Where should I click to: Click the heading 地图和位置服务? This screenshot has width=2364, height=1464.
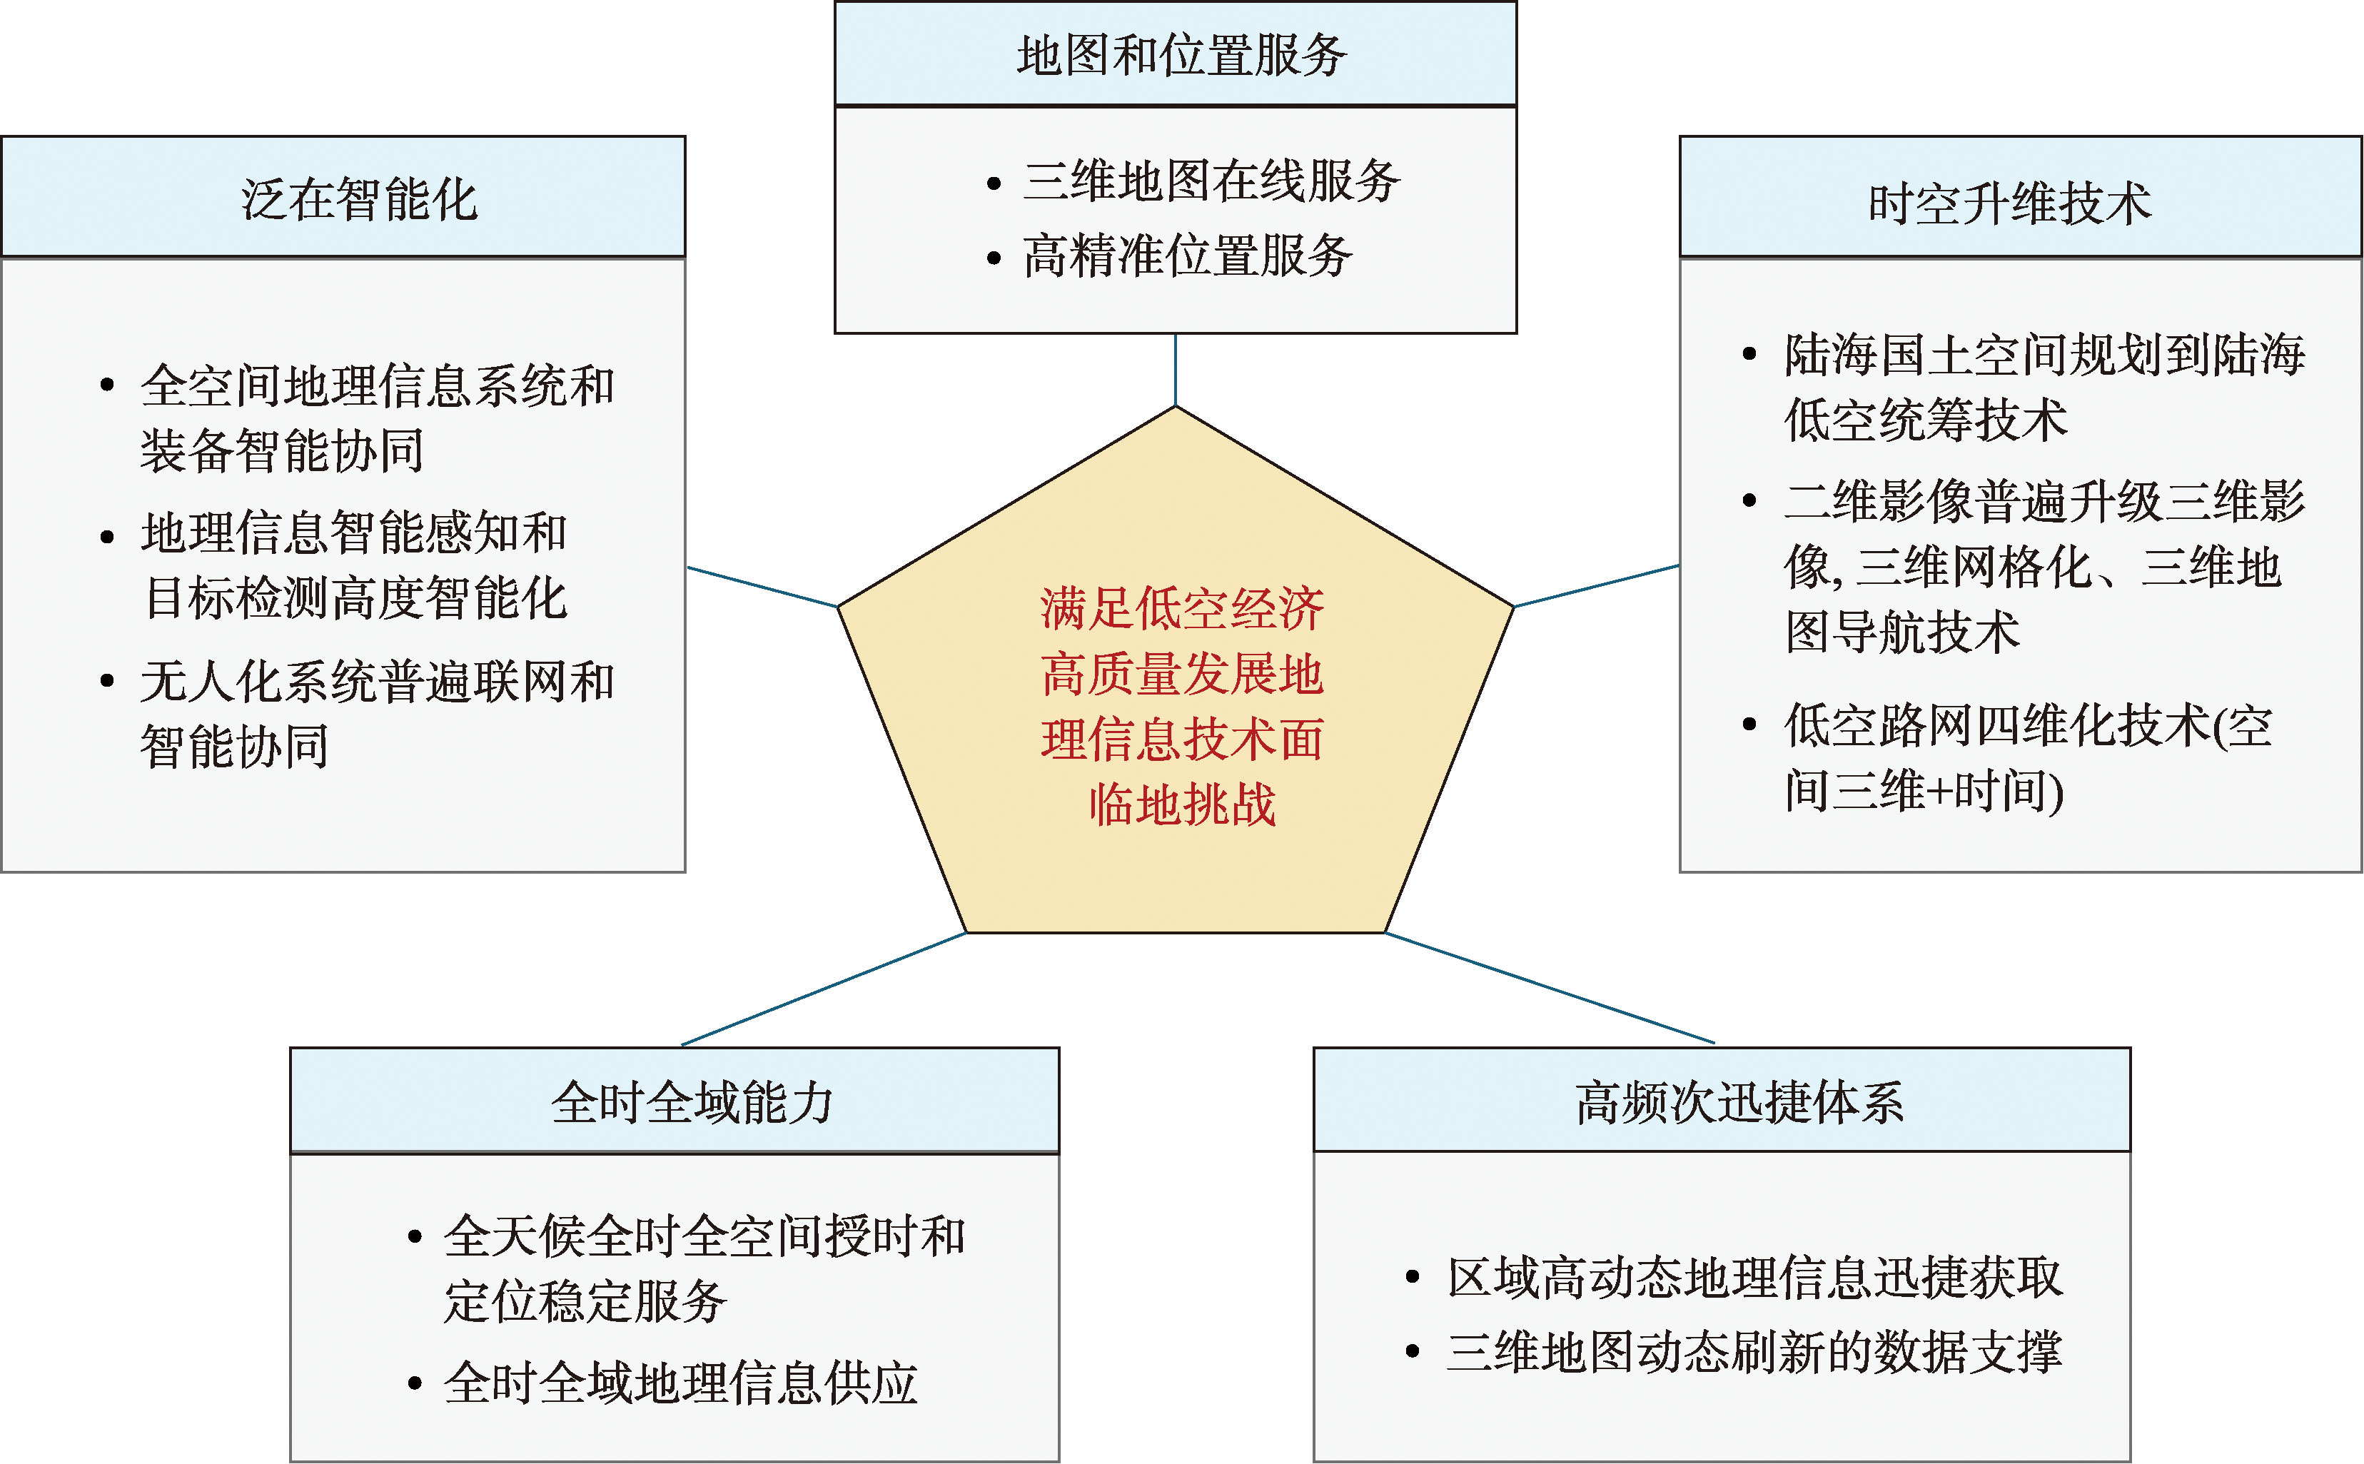coord(1181,55)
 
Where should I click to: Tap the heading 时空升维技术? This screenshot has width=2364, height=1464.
coord(2010,203)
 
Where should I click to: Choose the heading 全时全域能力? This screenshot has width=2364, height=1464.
coord(692,1103)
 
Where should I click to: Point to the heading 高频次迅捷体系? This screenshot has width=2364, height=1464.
coord(1739,1103)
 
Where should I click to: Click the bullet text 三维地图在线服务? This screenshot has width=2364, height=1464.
coord(1211,181)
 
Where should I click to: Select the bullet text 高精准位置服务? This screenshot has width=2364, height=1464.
coord(1188,256)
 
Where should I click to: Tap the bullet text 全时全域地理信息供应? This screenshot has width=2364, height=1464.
coord(680,1383)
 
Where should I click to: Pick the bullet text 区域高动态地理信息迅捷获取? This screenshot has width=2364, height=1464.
coord(1755,1278)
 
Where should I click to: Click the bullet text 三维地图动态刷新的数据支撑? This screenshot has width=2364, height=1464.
coord(1755,1352)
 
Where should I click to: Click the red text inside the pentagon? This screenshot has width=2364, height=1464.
coord(1182,706)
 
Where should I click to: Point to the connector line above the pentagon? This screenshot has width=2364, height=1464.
coord(1176,370)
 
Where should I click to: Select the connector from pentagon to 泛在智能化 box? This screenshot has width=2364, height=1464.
coord(762,587)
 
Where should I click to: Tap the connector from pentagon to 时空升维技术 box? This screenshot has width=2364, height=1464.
coord(1595,586)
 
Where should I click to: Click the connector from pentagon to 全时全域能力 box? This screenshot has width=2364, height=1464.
coord(824,989)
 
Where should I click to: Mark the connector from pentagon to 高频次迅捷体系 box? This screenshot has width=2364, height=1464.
coord(1550,988)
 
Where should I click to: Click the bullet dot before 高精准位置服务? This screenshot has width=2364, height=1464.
coord(994,258)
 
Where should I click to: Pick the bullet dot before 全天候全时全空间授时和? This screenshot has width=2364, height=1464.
coord(414,1236)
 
